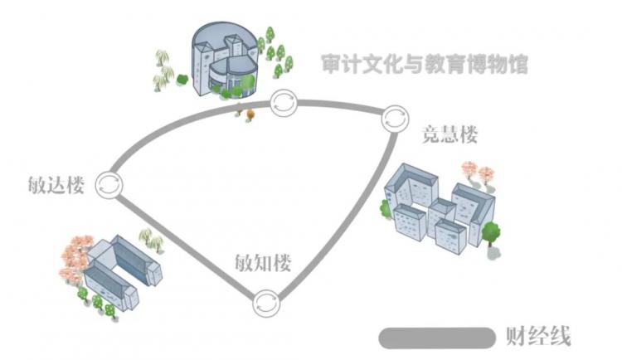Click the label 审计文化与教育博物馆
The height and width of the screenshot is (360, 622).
click(x=425, y=64)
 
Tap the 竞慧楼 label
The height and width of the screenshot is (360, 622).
click(x=449, y=134)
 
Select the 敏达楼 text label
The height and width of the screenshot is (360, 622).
click(x=56, y=185)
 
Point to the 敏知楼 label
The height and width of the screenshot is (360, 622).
click(x=263, y=262)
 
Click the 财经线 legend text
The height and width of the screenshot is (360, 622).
click(x=538, y=337)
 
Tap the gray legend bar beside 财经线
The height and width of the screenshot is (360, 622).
click(x=437, y=338)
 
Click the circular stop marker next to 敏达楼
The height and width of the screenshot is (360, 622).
click(x=109, y=185)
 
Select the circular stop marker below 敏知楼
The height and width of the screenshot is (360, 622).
click(x=266, y=304)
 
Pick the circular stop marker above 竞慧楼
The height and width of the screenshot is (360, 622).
click(x=395, y=119)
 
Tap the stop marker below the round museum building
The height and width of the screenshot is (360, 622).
click(x=284, y=103)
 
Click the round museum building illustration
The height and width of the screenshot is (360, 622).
click(x=225, y=60)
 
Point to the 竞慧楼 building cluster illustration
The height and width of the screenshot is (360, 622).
click(x=440, y=208)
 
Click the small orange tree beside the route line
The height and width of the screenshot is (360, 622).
click(x=250, y=114)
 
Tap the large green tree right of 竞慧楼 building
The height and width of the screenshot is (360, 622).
click(x=491, y=233)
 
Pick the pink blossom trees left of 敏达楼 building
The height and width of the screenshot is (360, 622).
click(x=75, y=258)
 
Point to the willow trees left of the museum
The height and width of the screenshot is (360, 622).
click(x=163, y=71)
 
